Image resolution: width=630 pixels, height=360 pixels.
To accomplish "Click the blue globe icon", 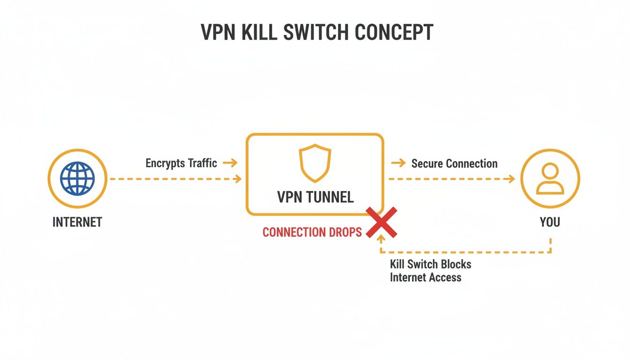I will coord(77,179).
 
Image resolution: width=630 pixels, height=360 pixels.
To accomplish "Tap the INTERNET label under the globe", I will coord(77,222).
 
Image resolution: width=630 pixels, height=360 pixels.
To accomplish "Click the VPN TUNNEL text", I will coord(315,197).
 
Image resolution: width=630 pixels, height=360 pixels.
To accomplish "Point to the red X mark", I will coord(382,222).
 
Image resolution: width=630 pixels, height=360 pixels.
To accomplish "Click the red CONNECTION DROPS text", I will coord(312,232).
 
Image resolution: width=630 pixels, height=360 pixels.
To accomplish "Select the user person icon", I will coord(550,179).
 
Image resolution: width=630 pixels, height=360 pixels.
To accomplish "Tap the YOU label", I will coord(550,222).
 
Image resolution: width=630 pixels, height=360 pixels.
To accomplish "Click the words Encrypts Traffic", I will coord(181,163).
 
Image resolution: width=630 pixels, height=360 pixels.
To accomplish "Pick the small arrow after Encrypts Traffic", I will coord(230,163).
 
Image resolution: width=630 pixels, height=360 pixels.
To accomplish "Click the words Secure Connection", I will coord(454,164).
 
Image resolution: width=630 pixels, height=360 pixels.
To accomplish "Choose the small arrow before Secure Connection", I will coord(398,163).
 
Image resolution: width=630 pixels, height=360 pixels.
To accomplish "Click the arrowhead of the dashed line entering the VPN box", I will coord(239,179).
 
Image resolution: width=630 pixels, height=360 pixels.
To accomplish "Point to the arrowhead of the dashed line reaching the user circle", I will coord(511,179).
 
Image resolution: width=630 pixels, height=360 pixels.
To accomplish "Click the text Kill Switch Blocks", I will coord(430,264).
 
